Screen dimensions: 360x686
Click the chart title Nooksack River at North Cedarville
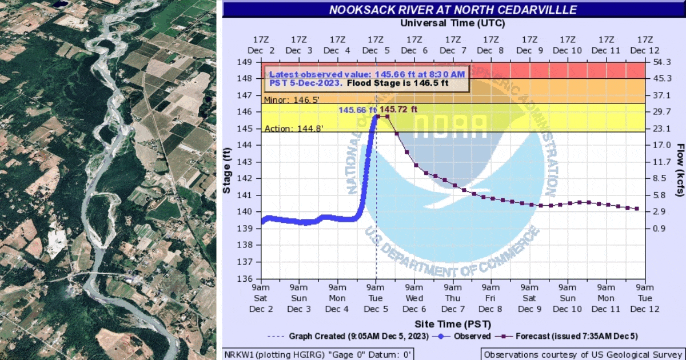(x=453, y=10)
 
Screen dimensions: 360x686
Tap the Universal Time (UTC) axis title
(x=453, y=23)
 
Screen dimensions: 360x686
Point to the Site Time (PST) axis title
(x=453, y=324)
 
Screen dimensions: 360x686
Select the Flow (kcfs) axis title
(x=679, y=170)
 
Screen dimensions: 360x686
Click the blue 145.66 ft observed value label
(x=357, y=110)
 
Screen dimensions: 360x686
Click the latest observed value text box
(x=365, y=79)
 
